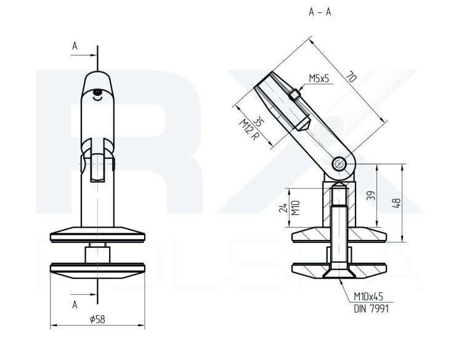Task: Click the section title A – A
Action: tap(320, 12)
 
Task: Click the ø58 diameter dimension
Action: tap(97, 319)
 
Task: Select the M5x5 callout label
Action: tap(319, 79)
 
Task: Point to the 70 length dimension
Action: tap(351, 76)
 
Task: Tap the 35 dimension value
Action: tap(258, 122)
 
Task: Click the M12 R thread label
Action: tap(248, 129)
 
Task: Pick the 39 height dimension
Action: tap(371, 196)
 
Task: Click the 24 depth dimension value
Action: tap(283, 207)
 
